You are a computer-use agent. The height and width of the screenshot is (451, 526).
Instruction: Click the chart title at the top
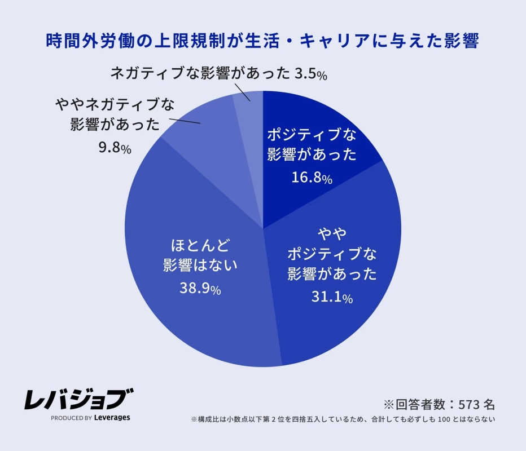tap(262, 41)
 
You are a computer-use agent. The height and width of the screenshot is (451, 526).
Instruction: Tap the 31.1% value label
tap(332, 297)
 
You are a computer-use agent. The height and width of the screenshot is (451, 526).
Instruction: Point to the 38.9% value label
tap(200, 289)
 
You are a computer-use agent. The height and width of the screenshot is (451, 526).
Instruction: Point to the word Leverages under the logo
tap(111, 418)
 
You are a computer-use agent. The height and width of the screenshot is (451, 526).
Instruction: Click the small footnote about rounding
tap(343, 419)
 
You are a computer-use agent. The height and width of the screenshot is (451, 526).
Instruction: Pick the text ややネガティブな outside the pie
tap(115, 105)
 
